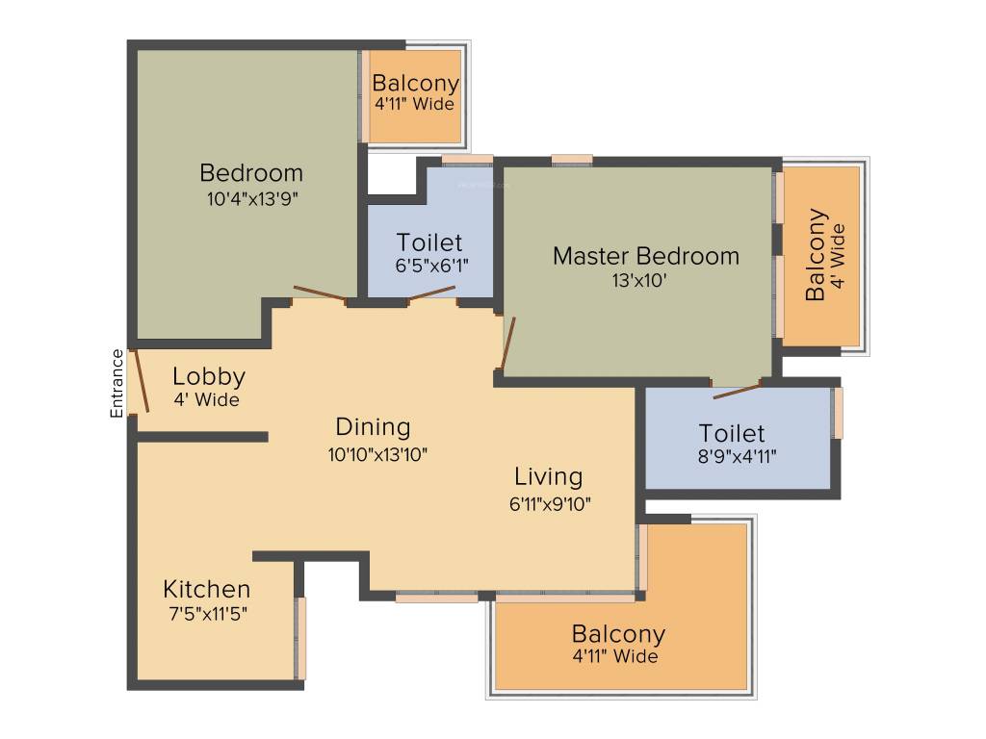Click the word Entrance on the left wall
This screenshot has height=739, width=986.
(117, 383)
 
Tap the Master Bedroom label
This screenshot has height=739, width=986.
(645, 256)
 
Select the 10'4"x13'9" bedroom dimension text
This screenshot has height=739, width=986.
(251, 199)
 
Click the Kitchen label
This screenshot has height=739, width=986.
(206, 589)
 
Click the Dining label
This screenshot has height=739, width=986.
(373, 426)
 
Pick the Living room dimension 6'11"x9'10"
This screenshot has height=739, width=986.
(549, 501)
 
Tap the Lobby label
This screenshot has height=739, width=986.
(208, 376)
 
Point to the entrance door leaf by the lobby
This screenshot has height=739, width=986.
(141, 380)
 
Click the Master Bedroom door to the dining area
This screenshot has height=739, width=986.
(507, 343)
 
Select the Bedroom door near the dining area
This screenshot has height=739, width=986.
(320, 293)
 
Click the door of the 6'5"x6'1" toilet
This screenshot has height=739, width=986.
(431, 293)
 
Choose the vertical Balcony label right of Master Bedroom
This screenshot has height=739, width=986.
(817, 254)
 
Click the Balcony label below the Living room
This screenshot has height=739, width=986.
(618, 634)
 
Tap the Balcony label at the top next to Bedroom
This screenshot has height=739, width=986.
(415, 84)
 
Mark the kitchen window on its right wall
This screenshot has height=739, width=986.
(299, 638)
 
